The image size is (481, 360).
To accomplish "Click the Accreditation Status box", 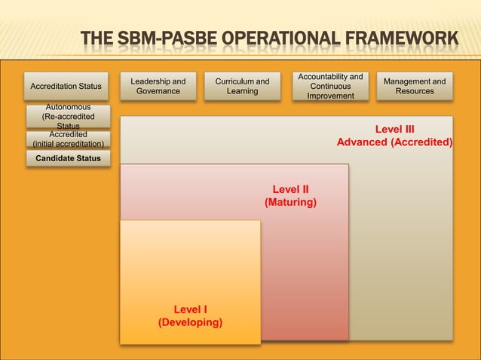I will [66, 87].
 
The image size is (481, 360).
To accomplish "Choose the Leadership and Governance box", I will [158, 86].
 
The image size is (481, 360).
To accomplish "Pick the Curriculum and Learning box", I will [242, 86].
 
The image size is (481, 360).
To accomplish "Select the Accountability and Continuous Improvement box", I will [330, 87].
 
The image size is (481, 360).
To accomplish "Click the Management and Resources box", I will [415, 86].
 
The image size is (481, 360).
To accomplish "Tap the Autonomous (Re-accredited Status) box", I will [68, 117].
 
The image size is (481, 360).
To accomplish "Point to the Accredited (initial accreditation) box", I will [68, 139].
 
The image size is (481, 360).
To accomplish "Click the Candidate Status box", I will [68, 158].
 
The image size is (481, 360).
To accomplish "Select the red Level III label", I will [395, 129].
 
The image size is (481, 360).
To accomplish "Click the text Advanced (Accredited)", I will [394, 142].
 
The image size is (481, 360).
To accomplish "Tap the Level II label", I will [290, 190].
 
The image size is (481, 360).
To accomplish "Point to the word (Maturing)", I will [290, 203].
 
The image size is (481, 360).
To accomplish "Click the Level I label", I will [191, 310].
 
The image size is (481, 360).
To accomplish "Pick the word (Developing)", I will [190, 322].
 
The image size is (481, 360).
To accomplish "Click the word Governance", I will [158, 91].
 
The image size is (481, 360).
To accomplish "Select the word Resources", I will [415, 91].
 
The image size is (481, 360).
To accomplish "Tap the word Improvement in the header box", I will [330, 96].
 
